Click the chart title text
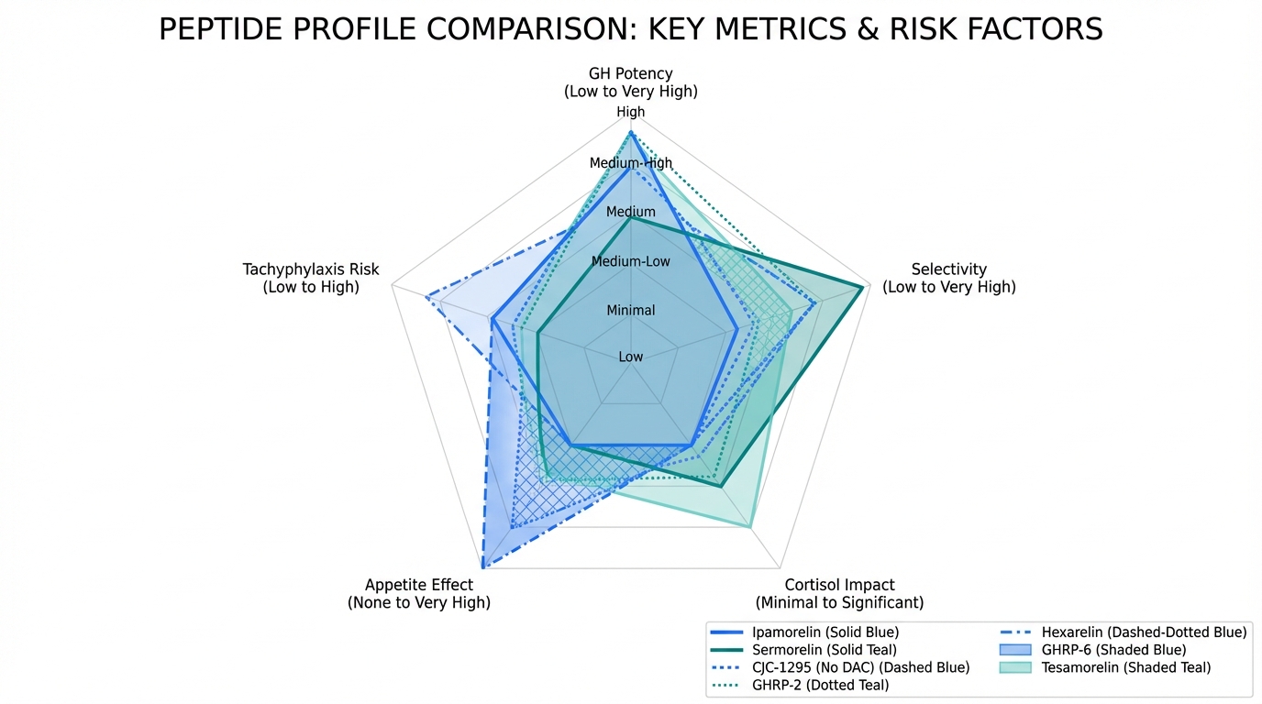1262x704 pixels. (x=630, y=29)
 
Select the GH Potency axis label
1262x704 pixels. (x=630, y=82)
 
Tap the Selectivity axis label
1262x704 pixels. (x=949, y=278)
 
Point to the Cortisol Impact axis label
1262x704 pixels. (x=839, y=593)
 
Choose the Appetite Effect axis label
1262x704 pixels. (x=419, y=593)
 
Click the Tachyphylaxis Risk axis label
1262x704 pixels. (x=311, y=278)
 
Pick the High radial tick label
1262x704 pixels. (x=631, y=112)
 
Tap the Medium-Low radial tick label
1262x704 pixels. (x=631, y=261)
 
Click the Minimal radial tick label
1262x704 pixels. (x=631, y=310)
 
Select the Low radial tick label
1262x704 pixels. (x=631, y=356)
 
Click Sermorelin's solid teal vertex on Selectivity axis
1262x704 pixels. (x=863, y=288)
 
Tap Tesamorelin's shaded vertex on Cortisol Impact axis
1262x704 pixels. (x=751, y=527)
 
